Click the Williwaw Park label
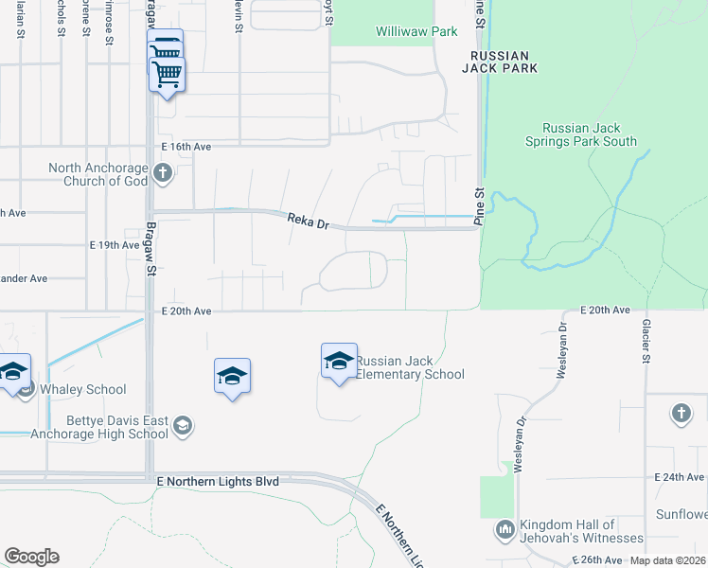tap(416, 32)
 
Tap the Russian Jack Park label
tap(501, 62)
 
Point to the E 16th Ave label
tap(186, 147)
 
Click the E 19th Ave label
tap(115, 244)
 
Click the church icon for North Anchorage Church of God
tap(163, 173)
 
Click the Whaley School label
tap(83, 389)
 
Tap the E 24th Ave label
tap(681, 477)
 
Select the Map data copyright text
tap(666, 560)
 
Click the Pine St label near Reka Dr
tap(479, 206)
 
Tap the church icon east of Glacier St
tap(681, 413)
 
